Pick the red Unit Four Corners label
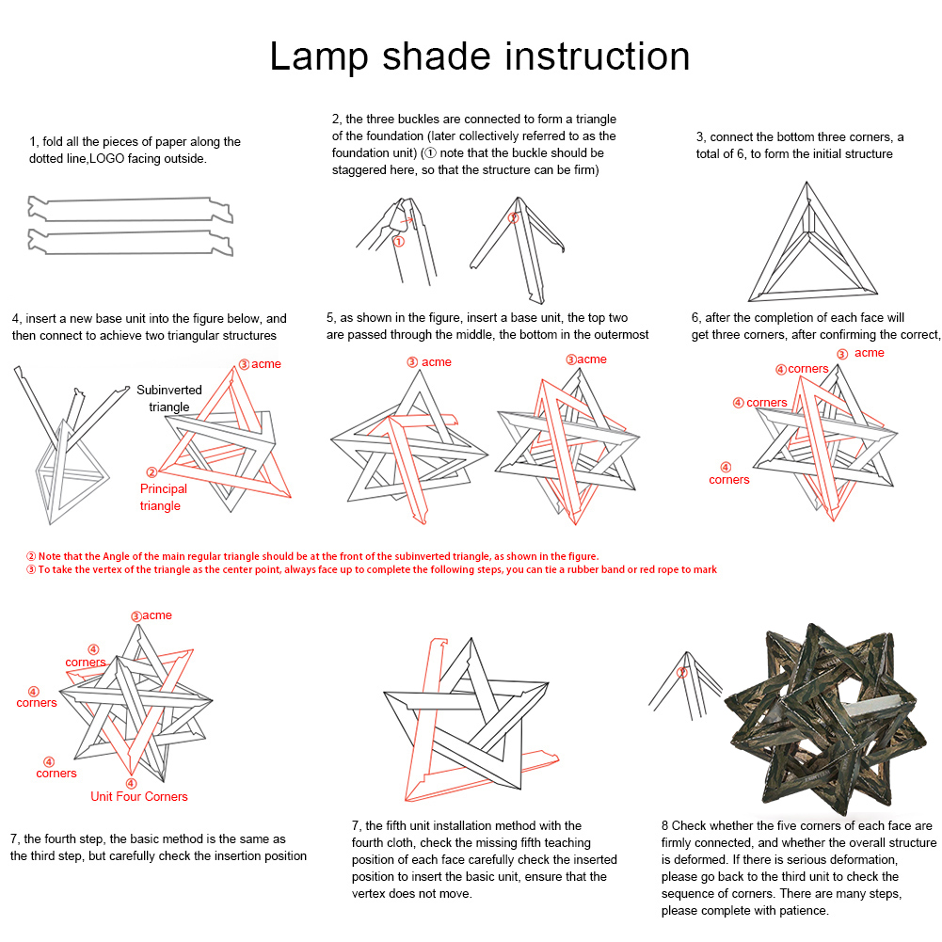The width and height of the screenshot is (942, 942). coord(138,796)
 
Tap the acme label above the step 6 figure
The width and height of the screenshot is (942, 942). coord(869,352)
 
